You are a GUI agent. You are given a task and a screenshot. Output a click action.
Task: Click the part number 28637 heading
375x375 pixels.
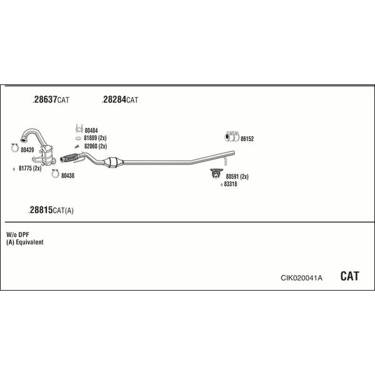[51, 99]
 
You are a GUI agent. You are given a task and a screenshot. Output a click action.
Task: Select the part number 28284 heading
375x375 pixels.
[120, 99]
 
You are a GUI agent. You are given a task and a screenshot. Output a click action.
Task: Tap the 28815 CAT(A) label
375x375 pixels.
[51, 210]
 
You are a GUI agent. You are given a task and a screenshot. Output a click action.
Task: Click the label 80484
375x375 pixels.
[91, 131]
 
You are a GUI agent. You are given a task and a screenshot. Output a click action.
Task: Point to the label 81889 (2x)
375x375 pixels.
[95, 138]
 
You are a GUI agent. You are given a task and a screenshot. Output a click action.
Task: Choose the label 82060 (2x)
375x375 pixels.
[96, 146]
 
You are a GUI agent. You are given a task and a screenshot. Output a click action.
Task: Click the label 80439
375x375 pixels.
[27, 150]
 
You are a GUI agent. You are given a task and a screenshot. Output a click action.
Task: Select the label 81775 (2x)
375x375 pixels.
[30, 168]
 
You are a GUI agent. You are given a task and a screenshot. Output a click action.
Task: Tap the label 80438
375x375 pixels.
[67, 176]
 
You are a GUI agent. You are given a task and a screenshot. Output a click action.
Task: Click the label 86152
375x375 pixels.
[247, 139]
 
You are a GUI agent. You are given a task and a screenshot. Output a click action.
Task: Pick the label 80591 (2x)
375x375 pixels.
[237, 176]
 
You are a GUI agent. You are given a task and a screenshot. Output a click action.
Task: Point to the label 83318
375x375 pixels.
[231, 184]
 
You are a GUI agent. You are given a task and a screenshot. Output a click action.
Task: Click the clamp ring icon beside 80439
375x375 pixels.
[15, 147]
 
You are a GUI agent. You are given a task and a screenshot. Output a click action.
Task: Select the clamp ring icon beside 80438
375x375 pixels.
[55, 174]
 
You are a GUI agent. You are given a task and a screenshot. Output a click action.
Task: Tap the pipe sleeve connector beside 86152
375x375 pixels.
[232, 136]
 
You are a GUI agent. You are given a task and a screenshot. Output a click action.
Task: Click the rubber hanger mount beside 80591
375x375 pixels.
[216, 173]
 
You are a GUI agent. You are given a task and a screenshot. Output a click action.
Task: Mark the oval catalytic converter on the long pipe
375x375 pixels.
[113, 162]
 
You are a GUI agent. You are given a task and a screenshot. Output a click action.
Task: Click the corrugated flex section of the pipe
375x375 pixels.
[70, 157]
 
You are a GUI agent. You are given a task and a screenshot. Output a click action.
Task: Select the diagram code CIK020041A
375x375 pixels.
[301, 277]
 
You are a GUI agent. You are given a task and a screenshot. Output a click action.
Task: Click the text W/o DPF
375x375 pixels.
[17, 234]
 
